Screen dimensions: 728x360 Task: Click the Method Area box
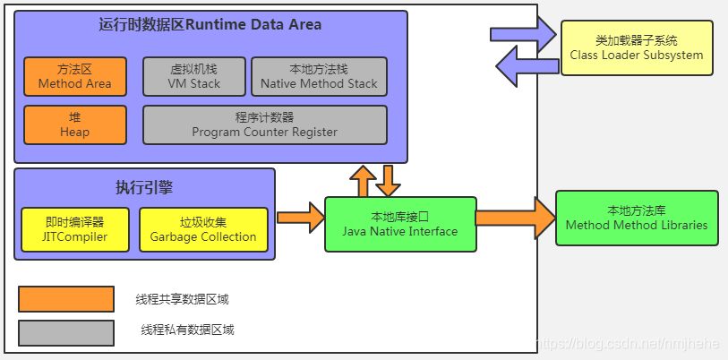coord(75,77)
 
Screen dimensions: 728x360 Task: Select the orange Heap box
coord(75,125)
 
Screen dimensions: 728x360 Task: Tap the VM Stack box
coord(194,77)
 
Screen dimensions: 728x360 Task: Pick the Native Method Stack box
coord(319,77)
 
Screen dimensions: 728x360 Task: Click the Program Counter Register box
coord(265,125)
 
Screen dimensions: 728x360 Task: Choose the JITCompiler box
coord(75,229)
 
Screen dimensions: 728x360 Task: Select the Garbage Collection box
coord(203,229)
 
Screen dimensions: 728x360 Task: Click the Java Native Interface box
coord(400,225)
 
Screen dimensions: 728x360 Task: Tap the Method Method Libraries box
coord(637,218)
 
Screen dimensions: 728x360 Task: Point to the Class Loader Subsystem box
coord(637,47)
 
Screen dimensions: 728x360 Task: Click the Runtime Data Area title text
coord(210,24)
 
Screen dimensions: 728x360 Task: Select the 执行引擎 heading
coord(144,187)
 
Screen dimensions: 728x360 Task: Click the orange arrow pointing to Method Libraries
coord(516,218)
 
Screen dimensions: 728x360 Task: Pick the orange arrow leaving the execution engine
coord(300,218)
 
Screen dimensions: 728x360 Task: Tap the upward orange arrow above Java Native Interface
coord(363,181)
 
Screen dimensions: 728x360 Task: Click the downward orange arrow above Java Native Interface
coord(388,181)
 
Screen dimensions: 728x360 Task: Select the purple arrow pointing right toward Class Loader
coord(523,34)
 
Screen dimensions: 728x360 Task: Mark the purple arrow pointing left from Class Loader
coord(527,66)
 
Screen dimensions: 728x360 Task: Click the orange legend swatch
coord(66,299)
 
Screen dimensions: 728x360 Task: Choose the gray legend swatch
coord(66,333)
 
